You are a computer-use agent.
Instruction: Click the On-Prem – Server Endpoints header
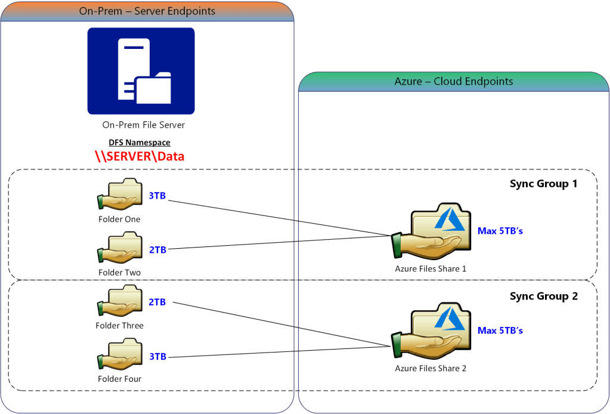point(147,11)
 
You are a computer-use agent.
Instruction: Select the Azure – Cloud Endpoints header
point(453,82)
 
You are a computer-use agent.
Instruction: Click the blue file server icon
point(141,71)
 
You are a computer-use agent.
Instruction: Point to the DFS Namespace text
point(140,143)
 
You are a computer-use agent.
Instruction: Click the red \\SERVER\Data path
point(140,156)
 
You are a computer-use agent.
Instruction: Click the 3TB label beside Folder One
point(157,196)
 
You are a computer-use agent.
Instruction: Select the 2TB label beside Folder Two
point(157,250)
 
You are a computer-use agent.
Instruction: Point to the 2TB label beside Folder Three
point(157,302)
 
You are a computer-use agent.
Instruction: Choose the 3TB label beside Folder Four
point(157,357)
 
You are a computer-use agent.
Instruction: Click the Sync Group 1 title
point(543,184)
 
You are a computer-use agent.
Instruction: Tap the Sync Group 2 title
point(543,296)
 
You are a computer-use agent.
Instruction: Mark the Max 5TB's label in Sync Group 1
point(500,231)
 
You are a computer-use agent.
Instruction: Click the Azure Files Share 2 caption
point(430,369)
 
